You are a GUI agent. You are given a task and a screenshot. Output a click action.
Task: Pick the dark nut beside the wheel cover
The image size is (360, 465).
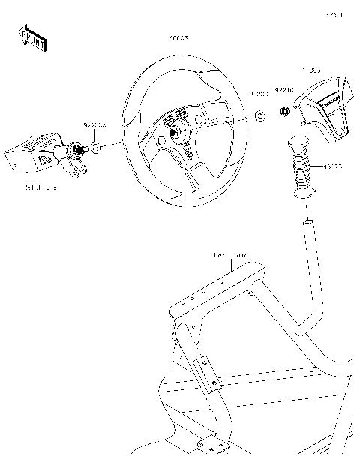[x=285, y=112]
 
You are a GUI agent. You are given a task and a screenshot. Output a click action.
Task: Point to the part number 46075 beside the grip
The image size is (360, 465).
[x=334, y=169]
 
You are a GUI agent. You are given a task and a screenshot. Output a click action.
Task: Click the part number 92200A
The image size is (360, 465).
[x=94, y=127]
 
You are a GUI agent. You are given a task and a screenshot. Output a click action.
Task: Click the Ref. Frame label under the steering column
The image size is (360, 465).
[x=40, y=187]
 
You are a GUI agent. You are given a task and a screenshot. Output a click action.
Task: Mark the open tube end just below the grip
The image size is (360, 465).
[x=307, y=223]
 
